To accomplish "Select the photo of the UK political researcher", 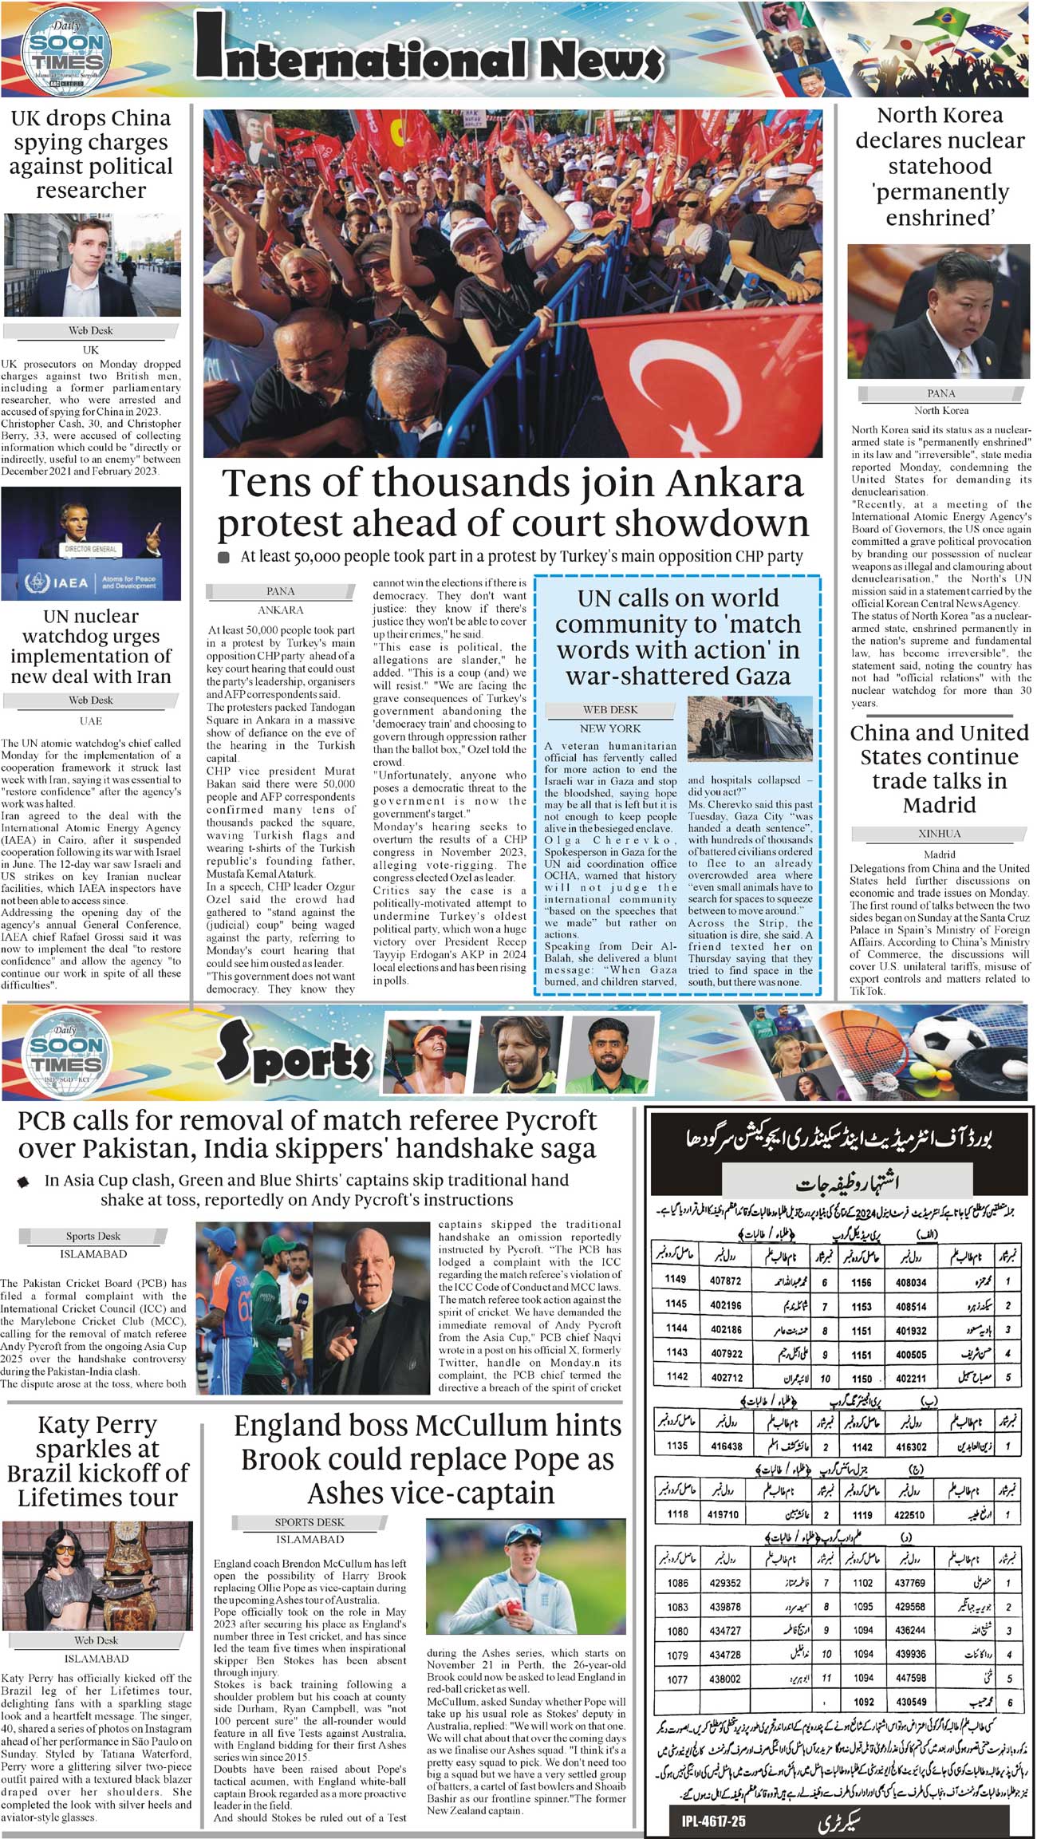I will point(92,265).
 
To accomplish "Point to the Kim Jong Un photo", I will point(940,310).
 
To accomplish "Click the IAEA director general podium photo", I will point(91,544).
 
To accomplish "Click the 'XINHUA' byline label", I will point(939,834).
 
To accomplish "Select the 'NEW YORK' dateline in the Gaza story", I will point(610,728).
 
